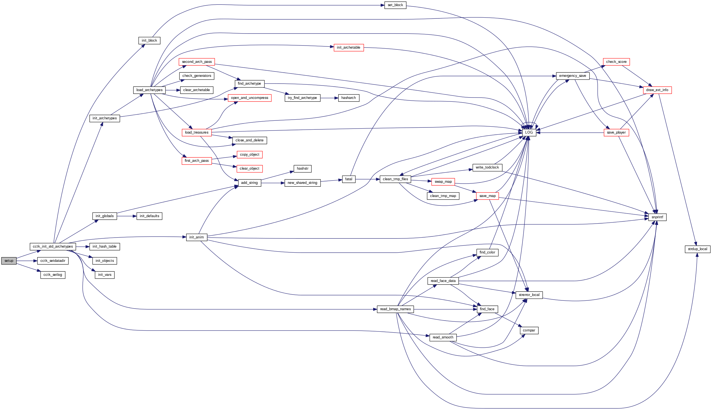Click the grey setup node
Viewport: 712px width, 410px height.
tap(9, 261)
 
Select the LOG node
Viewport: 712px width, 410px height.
tap(529, 132)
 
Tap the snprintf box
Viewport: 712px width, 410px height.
tap(657, 217)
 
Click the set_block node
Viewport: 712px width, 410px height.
tap(395, 5)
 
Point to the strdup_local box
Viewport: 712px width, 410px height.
tap(697, 249)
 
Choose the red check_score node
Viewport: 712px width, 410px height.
tap(616, 62)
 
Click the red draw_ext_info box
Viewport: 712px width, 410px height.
tap(657, 90)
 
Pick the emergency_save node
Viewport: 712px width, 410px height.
tap(572, 76)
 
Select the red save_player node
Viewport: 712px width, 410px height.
tap(616, 132)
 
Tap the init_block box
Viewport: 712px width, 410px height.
tap(149, 41)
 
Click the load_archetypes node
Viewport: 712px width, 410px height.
tap(149, 90)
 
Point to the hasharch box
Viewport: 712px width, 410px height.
tap(348, 98)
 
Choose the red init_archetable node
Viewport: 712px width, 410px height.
tap(348, 48)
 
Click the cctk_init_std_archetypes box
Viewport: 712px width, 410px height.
tap(53, 247)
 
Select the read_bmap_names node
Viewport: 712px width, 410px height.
tap(395, 309)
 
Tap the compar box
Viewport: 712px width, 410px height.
tap(529, 330)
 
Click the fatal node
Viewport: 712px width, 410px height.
tap(348, 179)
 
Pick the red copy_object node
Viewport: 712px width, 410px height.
tap(249, 155)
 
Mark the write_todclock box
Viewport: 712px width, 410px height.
tap(487, 167)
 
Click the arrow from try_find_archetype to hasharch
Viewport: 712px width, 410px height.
tap(329, 98)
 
